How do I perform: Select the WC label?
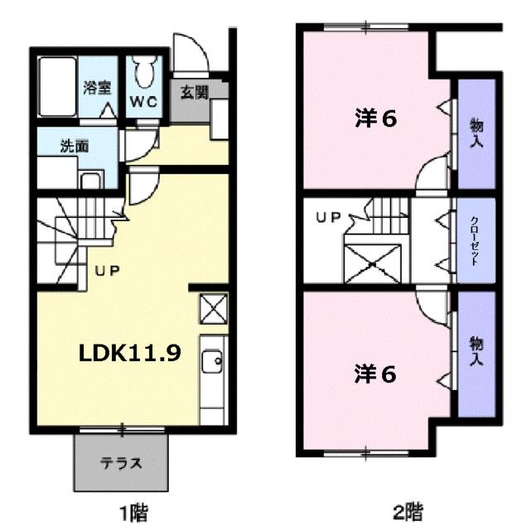(142, 104)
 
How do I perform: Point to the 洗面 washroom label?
(75, 147)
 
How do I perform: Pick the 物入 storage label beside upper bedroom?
(476, 133)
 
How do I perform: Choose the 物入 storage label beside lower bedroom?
(476, 352)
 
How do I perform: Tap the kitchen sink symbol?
(213, 359)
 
